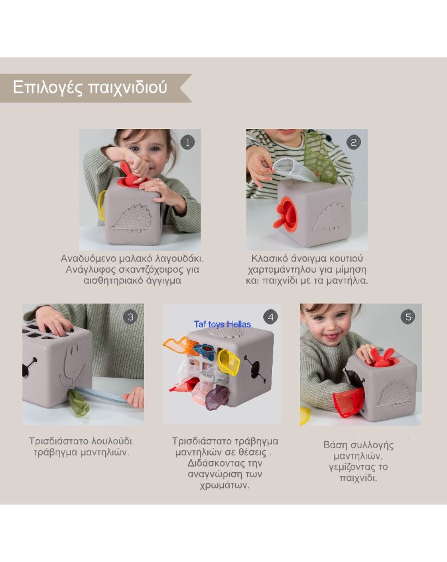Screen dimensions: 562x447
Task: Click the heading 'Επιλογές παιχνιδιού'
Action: [90, 87]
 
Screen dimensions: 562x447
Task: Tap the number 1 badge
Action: [188, 142]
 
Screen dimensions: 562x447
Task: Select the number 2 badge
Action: [354, 142]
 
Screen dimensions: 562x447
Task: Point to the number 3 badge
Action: [130, 317]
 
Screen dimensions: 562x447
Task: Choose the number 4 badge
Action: [270, 317]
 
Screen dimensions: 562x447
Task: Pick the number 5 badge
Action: [408, 317]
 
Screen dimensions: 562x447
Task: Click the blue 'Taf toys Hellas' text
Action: [222, 324]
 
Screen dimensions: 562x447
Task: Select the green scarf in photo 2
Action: [320, 158]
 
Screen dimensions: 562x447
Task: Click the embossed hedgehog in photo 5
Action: [395, 395]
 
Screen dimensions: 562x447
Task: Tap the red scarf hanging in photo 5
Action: [349, 402]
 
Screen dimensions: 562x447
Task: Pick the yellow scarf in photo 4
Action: [229, 362]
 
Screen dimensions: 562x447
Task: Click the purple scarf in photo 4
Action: [217, 397]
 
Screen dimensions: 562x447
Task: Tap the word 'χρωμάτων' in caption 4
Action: [224, 485]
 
